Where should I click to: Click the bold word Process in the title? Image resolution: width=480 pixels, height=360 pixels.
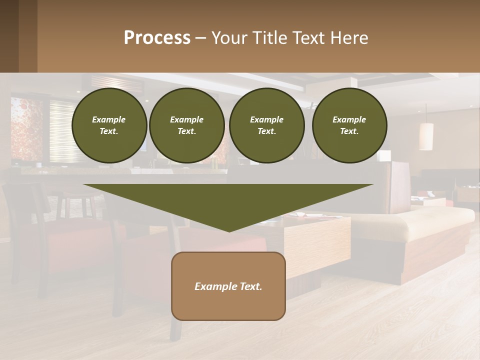point(157,38)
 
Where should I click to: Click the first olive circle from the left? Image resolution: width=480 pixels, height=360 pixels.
point(109,125)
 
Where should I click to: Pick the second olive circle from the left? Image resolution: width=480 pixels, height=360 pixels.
point(187,125)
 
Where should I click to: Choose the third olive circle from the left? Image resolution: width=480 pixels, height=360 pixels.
point(266,125)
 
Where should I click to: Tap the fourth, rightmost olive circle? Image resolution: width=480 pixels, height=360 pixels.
point(349,125)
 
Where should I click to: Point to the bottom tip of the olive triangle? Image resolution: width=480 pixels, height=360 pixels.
point(229,230)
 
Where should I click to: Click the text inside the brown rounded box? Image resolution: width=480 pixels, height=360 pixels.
point(228,286)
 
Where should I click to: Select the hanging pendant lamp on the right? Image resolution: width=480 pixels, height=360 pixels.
point(426,135)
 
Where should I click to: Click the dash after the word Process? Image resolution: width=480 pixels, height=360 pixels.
point(200,38)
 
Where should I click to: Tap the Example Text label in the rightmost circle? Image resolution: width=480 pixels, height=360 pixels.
point(349,125)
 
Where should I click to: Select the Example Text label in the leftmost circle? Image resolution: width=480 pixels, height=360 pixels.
point(109,125)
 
